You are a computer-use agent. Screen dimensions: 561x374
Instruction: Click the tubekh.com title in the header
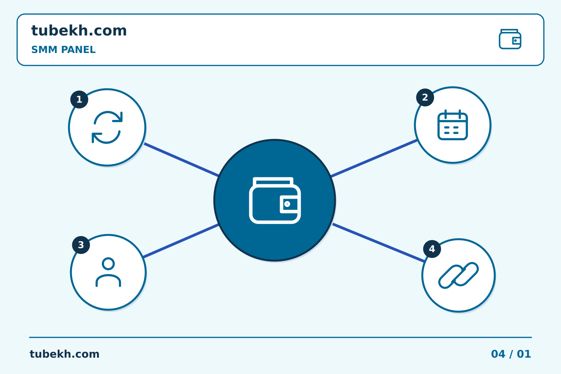79,30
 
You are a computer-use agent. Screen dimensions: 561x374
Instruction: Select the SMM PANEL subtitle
64,49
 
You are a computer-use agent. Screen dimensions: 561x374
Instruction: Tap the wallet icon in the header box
510,39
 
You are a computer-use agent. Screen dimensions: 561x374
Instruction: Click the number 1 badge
79,99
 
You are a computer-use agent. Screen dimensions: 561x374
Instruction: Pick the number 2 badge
425,97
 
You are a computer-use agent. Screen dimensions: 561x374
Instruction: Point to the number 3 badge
81,245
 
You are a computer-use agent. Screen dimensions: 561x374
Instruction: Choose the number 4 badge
432,249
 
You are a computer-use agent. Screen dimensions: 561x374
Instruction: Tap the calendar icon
453,125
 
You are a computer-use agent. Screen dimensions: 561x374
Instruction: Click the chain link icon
459,275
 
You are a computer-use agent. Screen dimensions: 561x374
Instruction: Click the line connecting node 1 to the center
182,160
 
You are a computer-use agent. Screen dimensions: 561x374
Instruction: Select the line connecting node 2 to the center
374,158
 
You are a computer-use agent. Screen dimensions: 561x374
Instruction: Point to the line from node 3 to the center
181,241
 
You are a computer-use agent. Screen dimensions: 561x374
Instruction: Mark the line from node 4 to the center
378,243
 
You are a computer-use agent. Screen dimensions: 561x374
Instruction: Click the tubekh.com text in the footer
64,354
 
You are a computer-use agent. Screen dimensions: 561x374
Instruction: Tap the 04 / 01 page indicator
511,354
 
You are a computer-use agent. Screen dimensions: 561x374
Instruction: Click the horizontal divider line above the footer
280,337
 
